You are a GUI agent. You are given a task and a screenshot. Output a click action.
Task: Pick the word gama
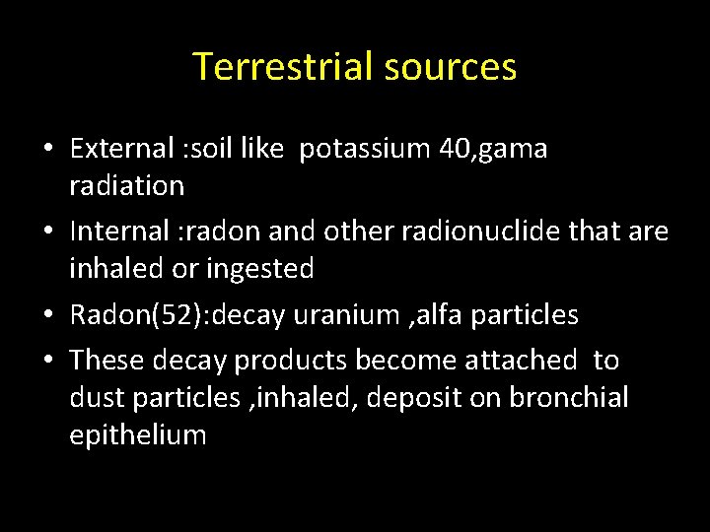click(518, 151)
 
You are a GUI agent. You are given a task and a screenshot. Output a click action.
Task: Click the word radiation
click(126, 185)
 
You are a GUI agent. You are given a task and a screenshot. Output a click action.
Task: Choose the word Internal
click(116, 232)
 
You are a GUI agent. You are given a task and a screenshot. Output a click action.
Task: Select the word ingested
click(265, 268)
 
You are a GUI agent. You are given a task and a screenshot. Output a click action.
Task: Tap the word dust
click(92, 398)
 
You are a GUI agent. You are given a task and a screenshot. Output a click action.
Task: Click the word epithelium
click(138, 435)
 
